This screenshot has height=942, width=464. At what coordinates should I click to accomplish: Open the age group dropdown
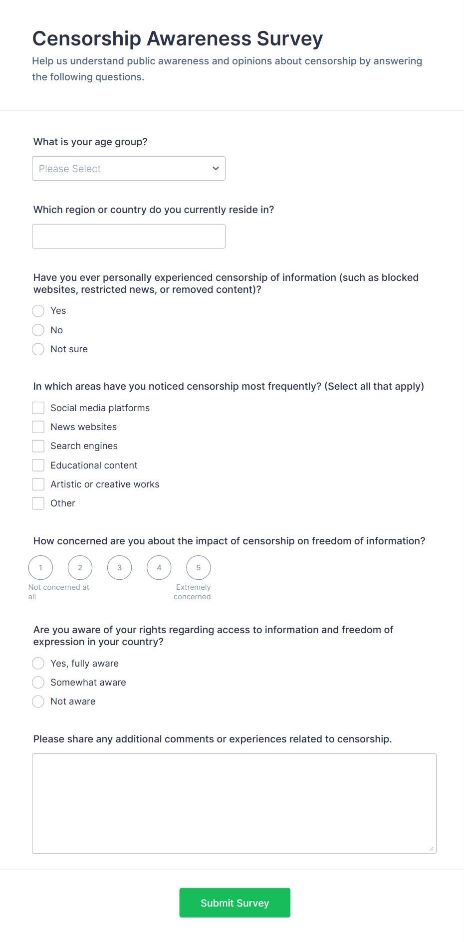pos(129,169)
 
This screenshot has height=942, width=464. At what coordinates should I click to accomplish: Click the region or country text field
pos(129,236)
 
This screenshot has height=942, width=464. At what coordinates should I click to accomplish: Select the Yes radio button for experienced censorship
pos(38,311)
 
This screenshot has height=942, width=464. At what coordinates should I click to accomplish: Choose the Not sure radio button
pos(38,349)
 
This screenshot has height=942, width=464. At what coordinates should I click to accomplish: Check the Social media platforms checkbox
pos(38,408)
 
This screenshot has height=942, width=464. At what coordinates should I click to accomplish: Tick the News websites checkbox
pos(38,427)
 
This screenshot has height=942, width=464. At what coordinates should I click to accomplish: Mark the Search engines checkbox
pos(38,446)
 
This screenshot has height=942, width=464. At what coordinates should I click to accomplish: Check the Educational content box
pos(38,466)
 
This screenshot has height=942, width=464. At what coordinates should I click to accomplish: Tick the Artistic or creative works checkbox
pos(38,484)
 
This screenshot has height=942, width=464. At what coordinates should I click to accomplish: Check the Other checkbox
pos(38,503)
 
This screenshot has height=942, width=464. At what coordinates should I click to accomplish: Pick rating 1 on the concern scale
pos(41,568)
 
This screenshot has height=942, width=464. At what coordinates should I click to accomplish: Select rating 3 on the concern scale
pos(120,568)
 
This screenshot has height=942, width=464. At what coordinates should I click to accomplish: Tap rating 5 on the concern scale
pos(199,568)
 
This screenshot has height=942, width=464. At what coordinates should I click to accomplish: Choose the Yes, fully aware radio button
pos(38,664)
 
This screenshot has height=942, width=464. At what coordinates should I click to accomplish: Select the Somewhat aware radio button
pos(38,683)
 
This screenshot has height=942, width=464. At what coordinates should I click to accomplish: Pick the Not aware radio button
pos(38,702)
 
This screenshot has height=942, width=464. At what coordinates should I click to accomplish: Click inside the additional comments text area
pos(234,803)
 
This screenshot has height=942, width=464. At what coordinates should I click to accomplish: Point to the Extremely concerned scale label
pos(193,592)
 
